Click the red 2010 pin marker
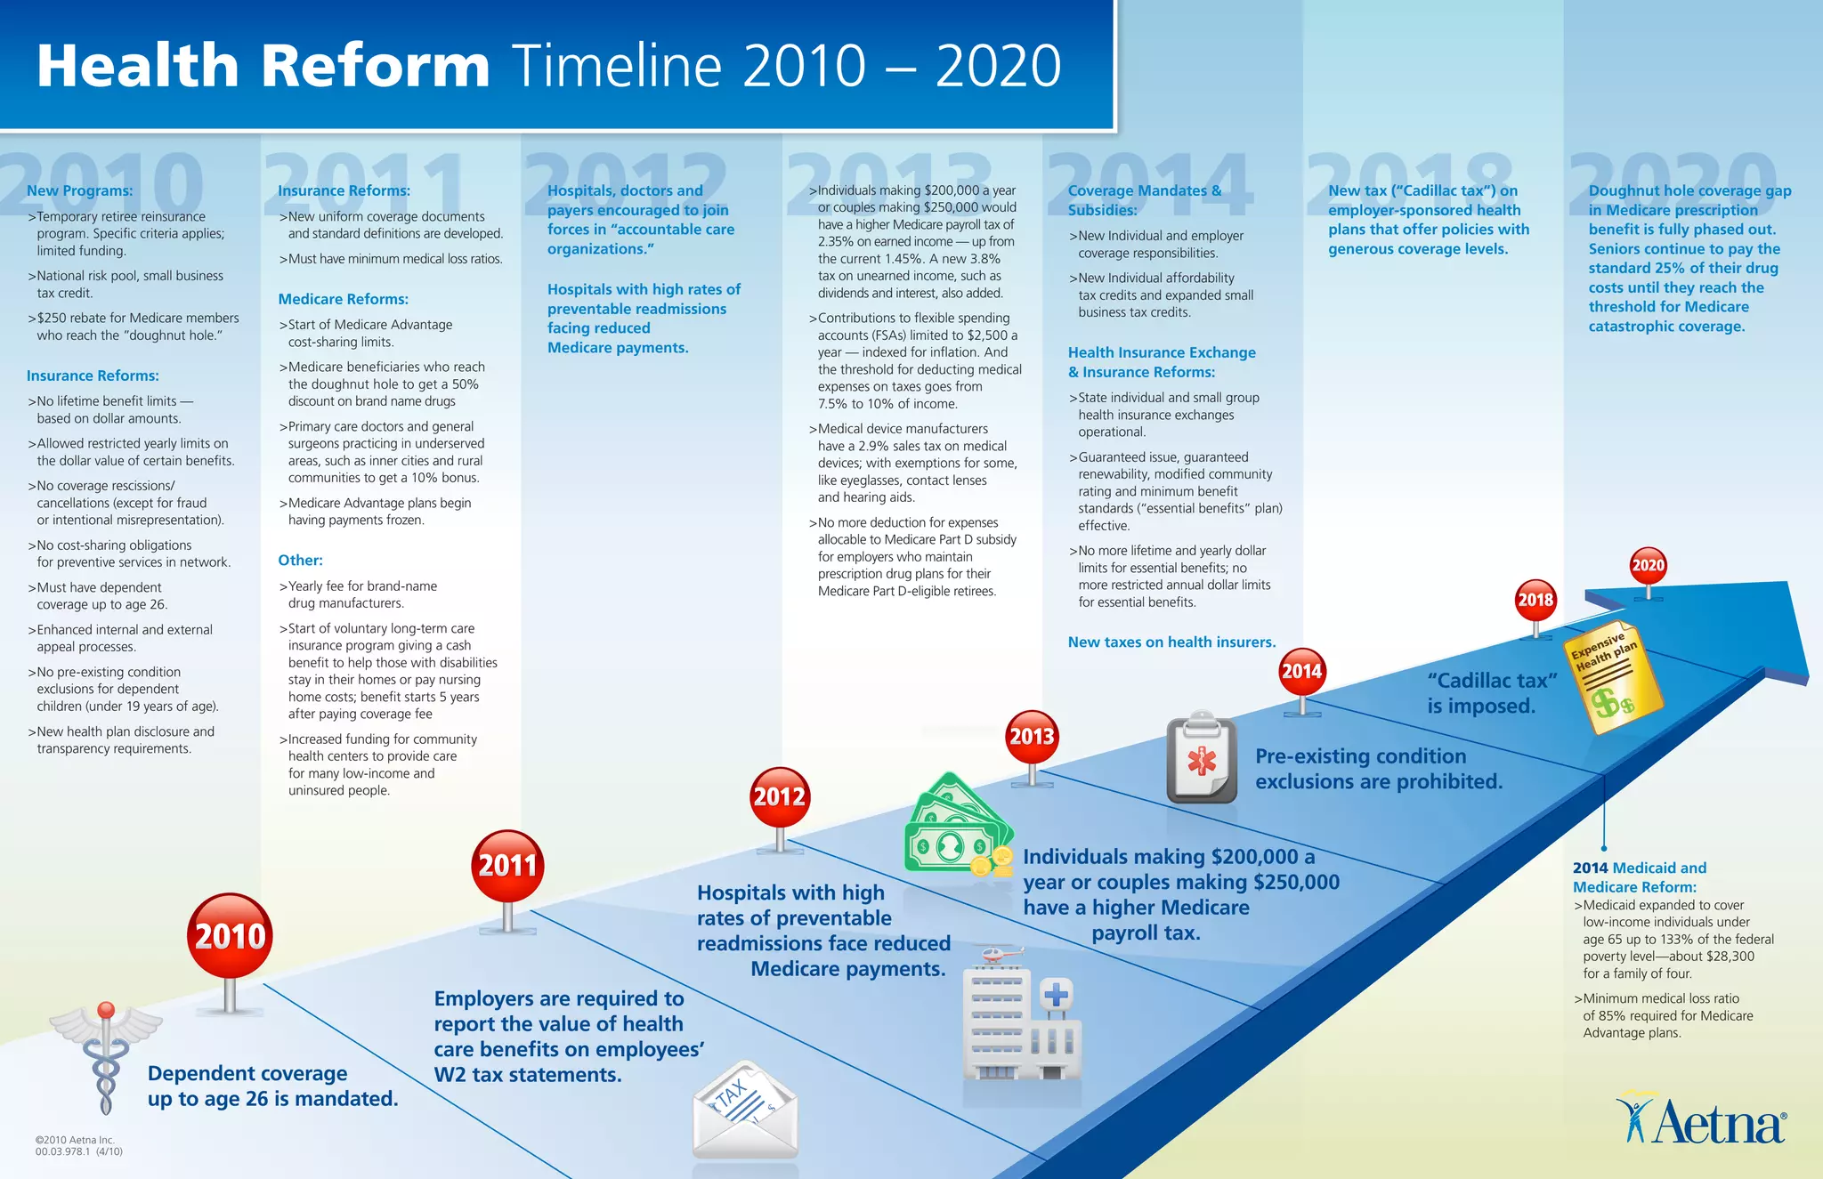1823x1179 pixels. tap(230, 936)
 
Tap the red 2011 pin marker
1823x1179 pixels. tap(507, 866)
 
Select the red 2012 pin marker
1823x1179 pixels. tap(780, 796)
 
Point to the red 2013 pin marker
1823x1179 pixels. tap(1032, 737)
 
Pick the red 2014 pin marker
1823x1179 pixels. tap(1301, 672)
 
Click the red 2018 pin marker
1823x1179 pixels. tap(1535, 601)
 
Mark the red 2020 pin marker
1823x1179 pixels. tap(1648, 566)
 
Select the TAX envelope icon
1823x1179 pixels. tap(746, 1110)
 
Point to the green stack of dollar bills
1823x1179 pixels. tap(958, 825)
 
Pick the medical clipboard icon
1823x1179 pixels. tap(1202, 758)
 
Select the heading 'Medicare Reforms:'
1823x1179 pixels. tap(343, 299)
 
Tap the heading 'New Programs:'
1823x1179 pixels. tap(79, 190)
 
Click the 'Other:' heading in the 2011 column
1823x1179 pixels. tap(300, 561)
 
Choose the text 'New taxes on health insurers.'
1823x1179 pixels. tap(1171, 642)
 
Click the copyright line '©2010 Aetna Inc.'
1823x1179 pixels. tap(75, 1140)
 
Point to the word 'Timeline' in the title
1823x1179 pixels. tap(616, 66)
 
